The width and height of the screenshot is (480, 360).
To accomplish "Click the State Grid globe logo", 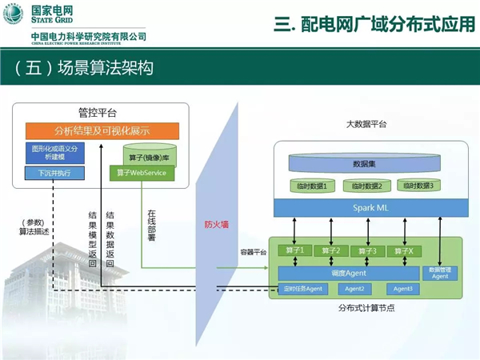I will coord(13,13).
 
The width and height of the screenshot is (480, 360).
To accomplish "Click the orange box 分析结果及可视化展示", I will coord(102,131).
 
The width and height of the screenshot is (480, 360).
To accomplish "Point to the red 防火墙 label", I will coord(217,225).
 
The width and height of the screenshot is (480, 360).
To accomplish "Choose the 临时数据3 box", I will coord(418,186).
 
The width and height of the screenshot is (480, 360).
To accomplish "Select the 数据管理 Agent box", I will coord(439,273).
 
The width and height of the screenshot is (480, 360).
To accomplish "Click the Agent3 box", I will coord(403,289).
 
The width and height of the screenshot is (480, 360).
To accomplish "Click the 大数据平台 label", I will coord(366,125).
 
